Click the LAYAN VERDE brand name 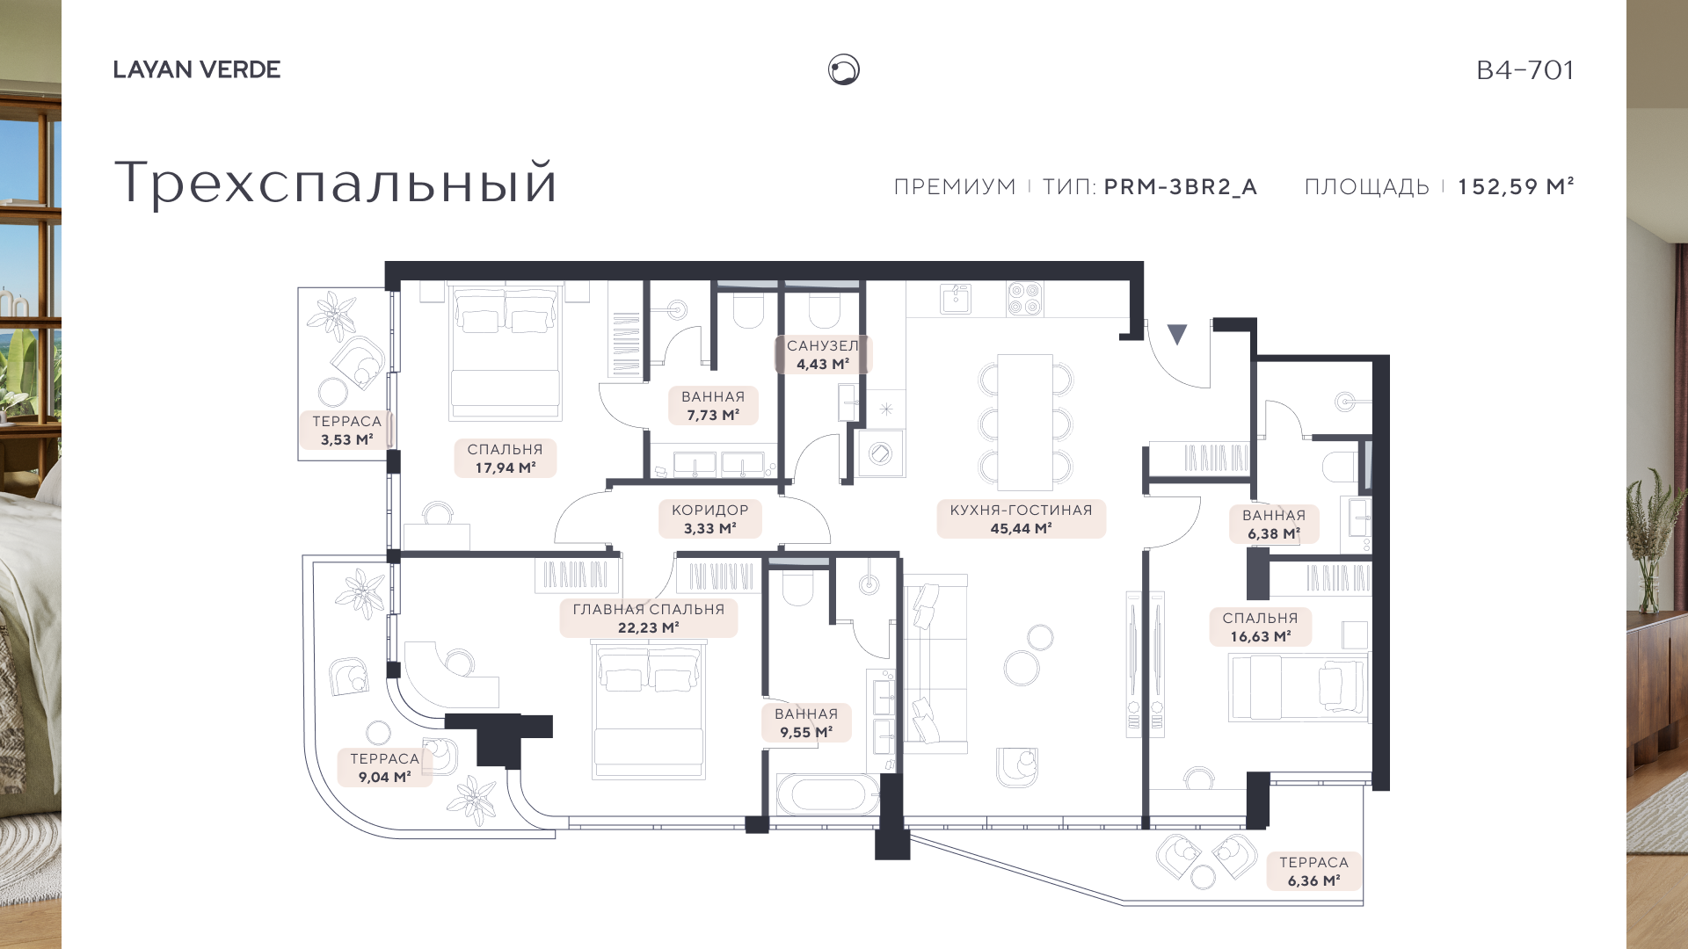pyautogui.click(x=197, y=69)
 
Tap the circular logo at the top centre pyautogui.click(x=844, y=69)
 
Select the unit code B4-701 pyautogui.click(x=1525, y=69)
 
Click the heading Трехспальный pyautogui.click(x=336, y=182)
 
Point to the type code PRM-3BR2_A pyautogui.click(x=1181, y=187)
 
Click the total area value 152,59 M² pyautogui.click(x=1516, y=186)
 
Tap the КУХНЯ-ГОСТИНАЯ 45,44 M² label pyautogui.click(x=1021, y=519)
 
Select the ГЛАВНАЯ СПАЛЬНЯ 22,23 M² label pyautogui.click(x=649, y=619)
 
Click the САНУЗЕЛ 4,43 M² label pyautogui.click(x=823, y=355)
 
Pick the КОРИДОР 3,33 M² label pyautogui.click(x=710, y=519)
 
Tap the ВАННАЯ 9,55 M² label pyautogui.click(x=806, y=723)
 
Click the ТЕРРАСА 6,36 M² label pyautogui.click(x=1313, y=872)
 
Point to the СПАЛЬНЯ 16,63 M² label pyautogui.click(x=1260, y=627)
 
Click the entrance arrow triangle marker pyautogui.click(x=1177, y=334)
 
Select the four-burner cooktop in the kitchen pyautogui.click(x=1024, y=298)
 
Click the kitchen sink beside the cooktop pyautogui.click(x=956, y=298)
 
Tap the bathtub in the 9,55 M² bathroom pyautogui.click(x=827, y=795)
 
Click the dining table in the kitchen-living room pyautogui.click(x=1025, y=422)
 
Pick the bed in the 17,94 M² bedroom pyautogui.click(x=505, y=351)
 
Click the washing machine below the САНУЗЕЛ pyautogui.click(x=881, y=453)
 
